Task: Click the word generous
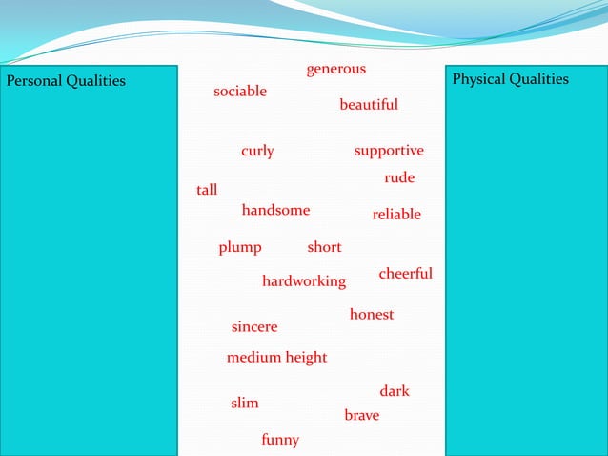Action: (335, 70)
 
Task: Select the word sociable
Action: (239, 92)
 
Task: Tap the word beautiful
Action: (369, 105)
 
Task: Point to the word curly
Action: (257, 152)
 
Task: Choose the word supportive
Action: (389, 152)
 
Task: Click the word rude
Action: (399, 178)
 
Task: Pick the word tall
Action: (207, 191)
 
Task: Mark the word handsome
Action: (275, 211)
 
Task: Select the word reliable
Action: (396, 216)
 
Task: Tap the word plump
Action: (240, 248)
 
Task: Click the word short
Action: (324, 248)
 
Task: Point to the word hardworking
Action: (304, 281)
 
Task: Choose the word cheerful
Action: (405, 274)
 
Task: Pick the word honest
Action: (372, 315)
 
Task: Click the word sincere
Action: (254, 327)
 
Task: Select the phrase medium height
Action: (276, 358)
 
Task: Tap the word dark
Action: (395, 391)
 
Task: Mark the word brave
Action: (361, 416)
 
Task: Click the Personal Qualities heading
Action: (66, 81)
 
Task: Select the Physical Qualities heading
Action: (510, 79)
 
